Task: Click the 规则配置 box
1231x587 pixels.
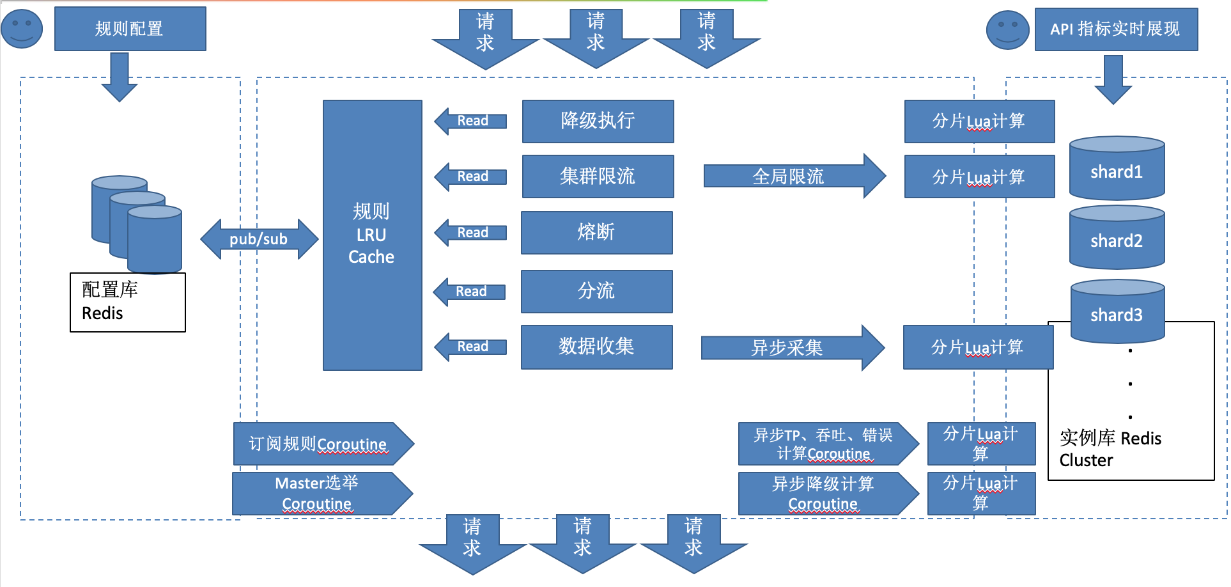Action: [x=130, y=29]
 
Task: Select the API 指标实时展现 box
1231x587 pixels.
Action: [x=1115, y=29]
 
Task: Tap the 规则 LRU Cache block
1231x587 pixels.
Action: [x=372, y=235]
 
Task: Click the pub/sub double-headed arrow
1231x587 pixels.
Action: [x=259, y=239]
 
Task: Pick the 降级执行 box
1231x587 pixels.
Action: [x=598, y=121]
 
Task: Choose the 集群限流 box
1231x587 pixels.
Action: [x=598, y=176]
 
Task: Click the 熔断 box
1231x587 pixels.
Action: [x=596, y=232]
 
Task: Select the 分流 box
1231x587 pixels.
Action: [x=596, y=291]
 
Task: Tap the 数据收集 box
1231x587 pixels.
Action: [x=596, y=347]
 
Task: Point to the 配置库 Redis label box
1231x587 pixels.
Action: [x=127, y=302]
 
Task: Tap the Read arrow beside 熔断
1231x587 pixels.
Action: [x=470, y=232]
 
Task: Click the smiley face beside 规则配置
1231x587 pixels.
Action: [x=22, y=29]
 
